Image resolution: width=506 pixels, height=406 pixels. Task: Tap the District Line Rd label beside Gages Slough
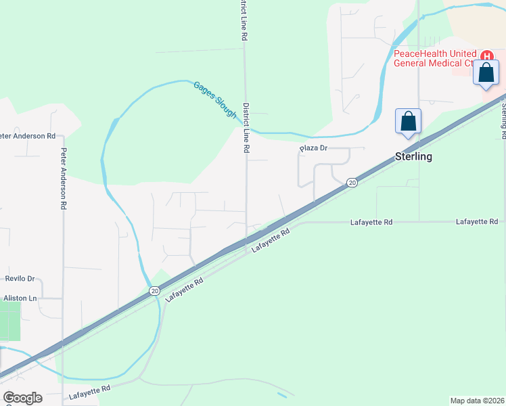[x=247, y=127]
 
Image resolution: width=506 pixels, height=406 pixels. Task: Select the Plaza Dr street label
[x=314, y=148]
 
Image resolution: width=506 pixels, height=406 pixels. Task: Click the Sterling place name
[x=413, y=157]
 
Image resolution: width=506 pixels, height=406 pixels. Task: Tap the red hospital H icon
[x=486, y=55]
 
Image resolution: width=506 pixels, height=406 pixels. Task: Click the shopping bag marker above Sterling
[x=409, y=122]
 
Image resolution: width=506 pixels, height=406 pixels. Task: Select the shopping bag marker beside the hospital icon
[x=486, y=72]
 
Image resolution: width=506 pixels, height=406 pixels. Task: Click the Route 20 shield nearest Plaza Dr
[x=352, y=183]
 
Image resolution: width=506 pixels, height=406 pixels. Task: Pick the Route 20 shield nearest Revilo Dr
[x=155, y=290]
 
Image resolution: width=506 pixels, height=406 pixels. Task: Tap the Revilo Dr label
[x=20, y=278]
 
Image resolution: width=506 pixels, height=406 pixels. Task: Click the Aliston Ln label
[x=20, y=298]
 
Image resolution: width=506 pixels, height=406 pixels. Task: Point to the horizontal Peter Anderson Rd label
[x=28, y=136]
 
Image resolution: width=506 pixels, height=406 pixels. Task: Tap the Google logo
[x=22, y=398]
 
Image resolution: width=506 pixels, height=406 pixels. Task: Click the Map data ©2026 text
[x=477, y=400]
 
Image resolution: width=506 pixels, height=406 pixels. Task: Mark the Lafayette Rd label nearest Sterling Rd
[x=477, y=222]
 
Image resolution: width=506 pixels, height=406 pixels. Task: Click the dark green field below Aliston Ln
[x=9, y=321]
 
